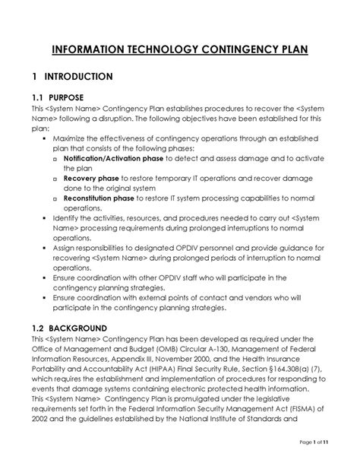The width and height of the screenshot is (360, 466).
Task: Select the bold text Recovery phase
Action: [91, 178]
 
